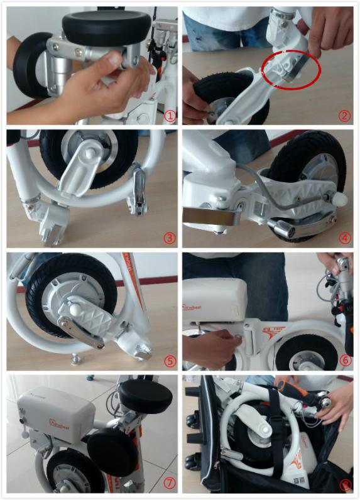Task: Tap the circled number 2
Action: (x=344, y=115)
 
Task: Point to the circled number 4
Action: (x=344, y=237)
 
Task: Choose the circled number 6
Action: (x=344, y=361)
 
